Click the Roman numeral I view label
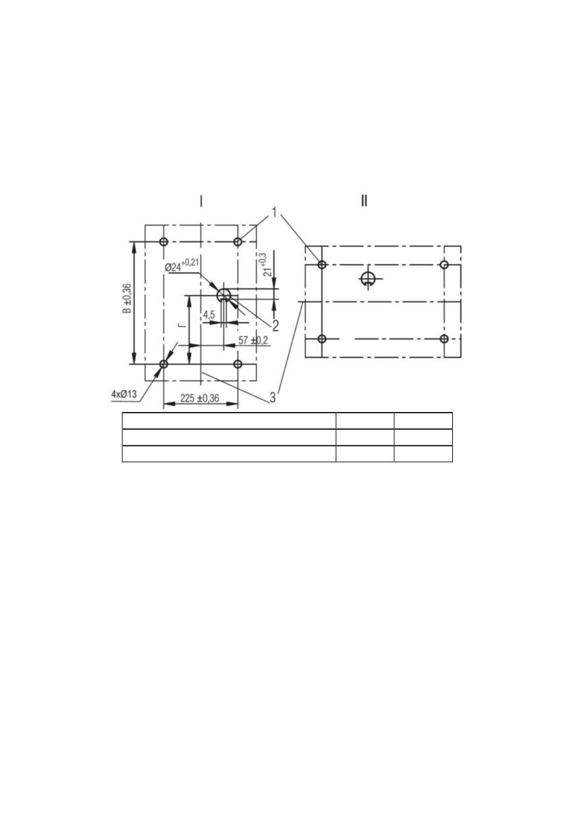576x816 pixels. pos(201,201)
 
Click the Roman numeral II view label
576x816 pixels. pos(364,200)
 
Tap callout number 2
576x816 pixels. pos(275,325)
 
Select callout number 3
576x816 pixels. pos(273,397)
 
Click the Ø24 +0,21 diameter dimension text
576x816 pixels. pos(182,265)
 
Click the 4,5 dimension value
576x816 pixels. pos(209,315)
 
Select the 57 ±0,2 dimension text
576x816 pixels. pos(253,340)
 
